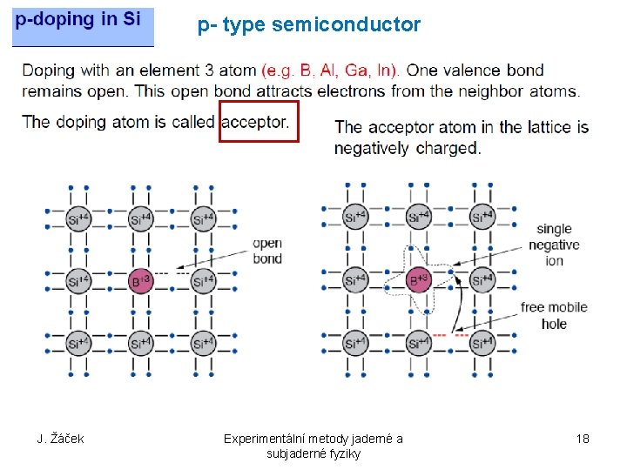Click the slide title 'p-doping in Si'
click(78, 20)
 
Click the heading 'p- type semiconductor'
click(309, 25)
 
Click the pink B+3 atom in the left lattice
click(141, 280)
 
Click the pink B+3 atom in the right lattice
click(420, 279)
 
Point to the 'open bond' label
click(267, 251)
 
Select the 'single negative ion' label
click(554, 245)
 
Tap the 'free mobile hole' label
click(554, 315)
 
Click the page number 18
click(583, 439)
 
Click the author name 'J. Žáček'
click(60, 439)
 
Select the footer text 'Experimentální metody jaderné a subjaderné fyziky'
click(313, 446)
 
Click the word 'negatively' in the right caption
click(372, 148)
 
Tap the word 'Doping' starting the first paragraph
click(50, 70)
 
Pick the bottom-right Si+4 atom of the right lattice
click(482, 343)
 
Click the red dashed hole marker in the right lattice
click(450, 335)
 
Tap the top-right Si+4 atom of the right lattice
click(482, 217)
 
